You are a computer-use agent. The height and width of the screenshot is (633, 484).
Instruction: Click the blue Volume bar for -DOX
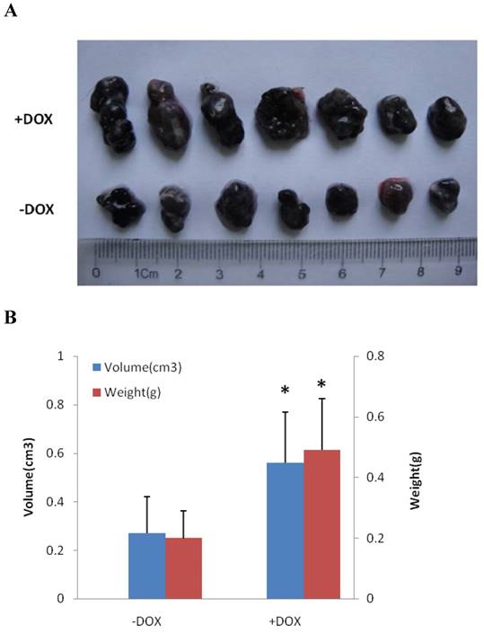click(x=146, y=566)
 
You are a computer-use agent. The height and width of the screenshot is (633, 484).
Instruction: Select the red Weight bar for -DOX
click(x=183, y=567)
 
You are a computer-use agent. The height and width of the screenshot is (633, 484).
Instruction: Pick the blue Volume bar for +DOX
click(x=286, y=531)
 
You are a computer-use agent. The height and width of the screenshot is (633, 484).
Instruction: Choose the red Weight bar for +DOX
click(x=322, y=524)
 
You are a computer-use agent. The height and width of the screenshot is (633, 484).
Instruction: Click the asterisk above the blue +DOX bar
click(x=285, y=391)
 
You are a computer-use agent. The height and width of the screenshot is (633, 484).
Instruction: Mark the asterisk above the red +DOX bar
click(x=322, y=385)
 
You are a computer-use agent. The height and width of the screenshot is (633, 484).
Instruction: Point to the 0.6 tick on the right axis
click(x=387, y=417)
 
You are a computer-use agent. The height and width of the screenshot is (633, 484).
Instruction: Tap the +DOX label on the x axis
click(x=304, y=618)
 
